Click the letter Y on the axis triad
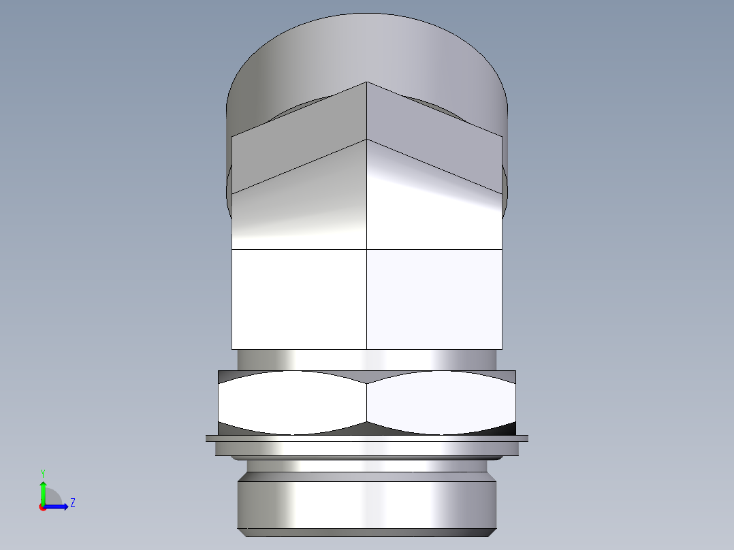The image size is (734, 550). point(42,472)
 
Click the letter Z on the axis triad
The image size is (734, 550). point(72,503)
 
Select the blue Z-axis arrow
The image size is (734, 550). point(59,506)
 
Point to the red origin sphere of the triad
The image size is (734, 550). point(42,507)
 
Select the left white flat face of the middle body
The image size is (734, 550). point(300,300)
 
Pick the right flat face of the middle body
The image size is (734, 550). point(434,300)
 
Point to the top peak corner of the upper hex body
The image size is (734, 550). point(367,83)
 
